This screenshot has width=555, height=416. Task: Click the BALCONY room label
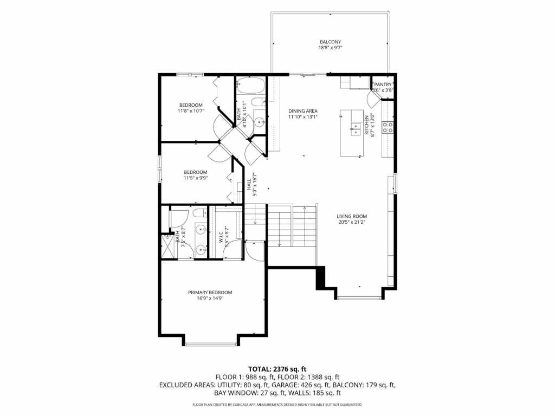coord(330,42)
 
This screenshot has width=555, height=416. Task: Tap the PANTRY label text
coord(383,84)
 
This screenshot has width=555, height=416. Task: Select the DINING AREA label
coord(302,110)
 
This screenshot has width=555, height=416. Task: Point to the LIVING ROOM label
coord(352,216)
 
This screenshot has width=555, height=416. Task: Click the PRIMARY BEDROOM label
coord(210,292)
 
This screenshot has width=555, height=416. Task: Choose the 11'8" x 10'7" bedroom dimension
coord(191,111)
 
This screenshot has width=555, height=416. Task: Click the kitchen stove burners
coord(388,127)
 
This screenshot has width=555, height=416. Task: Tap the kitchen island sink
coord(356,128)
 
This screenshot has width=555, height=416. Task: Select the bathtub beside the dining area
coord(250,85)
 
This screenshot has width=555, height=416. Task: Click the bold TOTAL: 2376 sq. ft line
coord(277,369)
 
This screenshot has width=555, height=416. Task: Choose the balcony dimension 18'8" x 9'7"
coord(330,48)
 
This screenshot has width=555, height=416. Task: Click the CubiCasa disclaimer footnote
coord(277,405)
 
